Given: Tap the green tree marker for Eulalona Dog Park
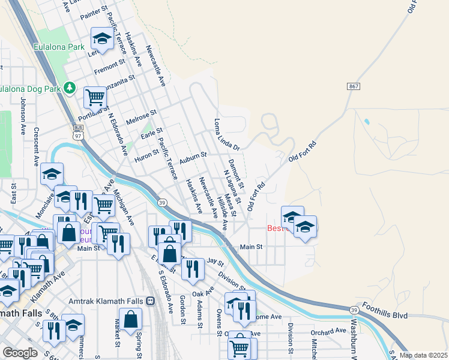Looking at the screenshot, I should click(x=70, y=88).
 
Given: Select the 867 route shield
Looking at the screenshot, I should click(x=354, y=87).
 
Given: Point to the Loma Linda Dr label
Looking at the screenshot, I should click(x=227, y=134).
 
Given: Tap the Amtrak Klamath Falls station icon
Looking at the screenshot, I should click(x=151, y=301).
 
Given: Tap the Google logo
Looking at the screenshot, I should click(x=20, y=353).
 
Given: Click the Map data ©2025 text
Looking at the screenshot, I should click(x=423, y=355).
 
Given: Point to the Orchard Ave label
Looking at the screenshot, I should click(x=328, y=331).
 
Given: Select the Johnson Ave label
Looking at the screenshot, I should click(x=24, y=116).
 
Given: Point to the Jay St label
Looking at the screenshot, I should click(x=214, y=262).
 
